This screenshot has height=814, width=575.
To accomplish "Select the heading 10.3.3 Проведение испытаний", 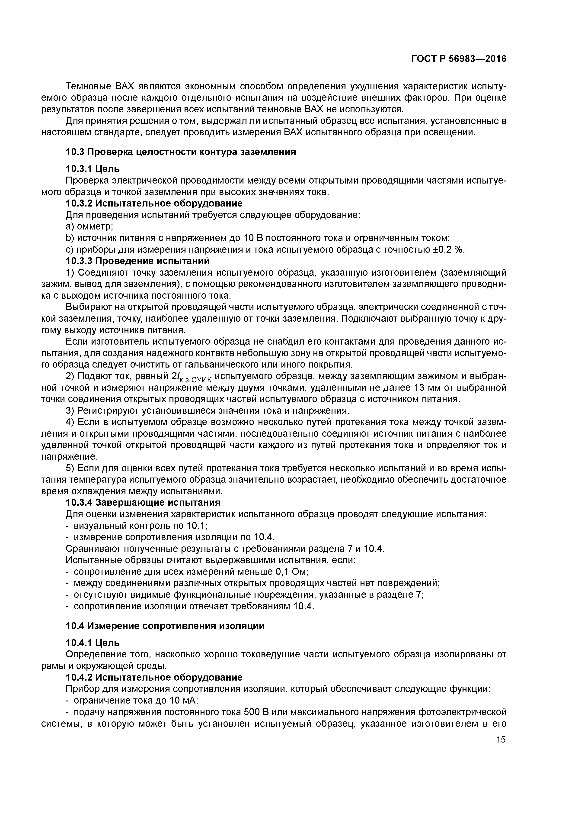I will coord(138,261).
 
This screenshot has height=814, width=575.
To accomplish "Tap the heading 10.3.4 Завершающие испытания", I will coord(143,503).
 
